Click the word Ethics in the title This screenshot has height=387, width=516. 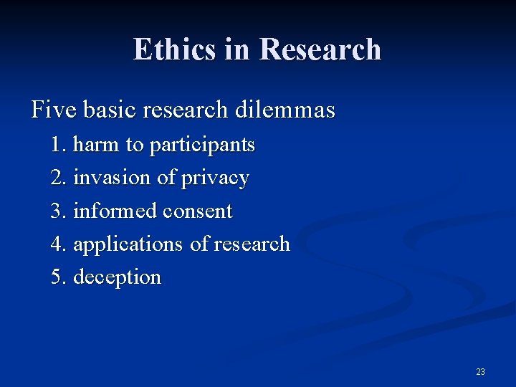click(x=173, y=49)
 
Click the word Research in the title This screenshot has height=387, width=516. click(x=320, y=49)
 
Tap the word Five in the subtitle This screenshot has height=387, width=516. click(x=54, y=110)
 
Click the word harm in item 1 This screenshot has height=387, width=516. click(x=97, y=145)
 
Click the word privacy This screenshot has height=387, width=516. click(x=215, y=178)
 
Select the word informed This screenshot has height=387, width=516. click(x=115, y=211)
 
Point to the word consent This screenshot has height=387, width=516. click(x=198, y=211)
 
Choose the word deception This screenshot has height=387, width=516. click(x=118, y=277)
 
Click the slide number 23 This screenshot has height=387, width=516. click(x=480, y=371)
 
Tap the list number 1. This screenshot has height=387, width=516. click(x=59, y=145)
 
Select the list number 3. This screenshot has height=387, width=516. click(x=59, y=211)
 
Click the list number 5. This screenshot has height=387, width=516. click(x=59, y=277)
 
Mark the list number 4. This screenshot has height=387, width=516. click(x=59, y=244)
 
